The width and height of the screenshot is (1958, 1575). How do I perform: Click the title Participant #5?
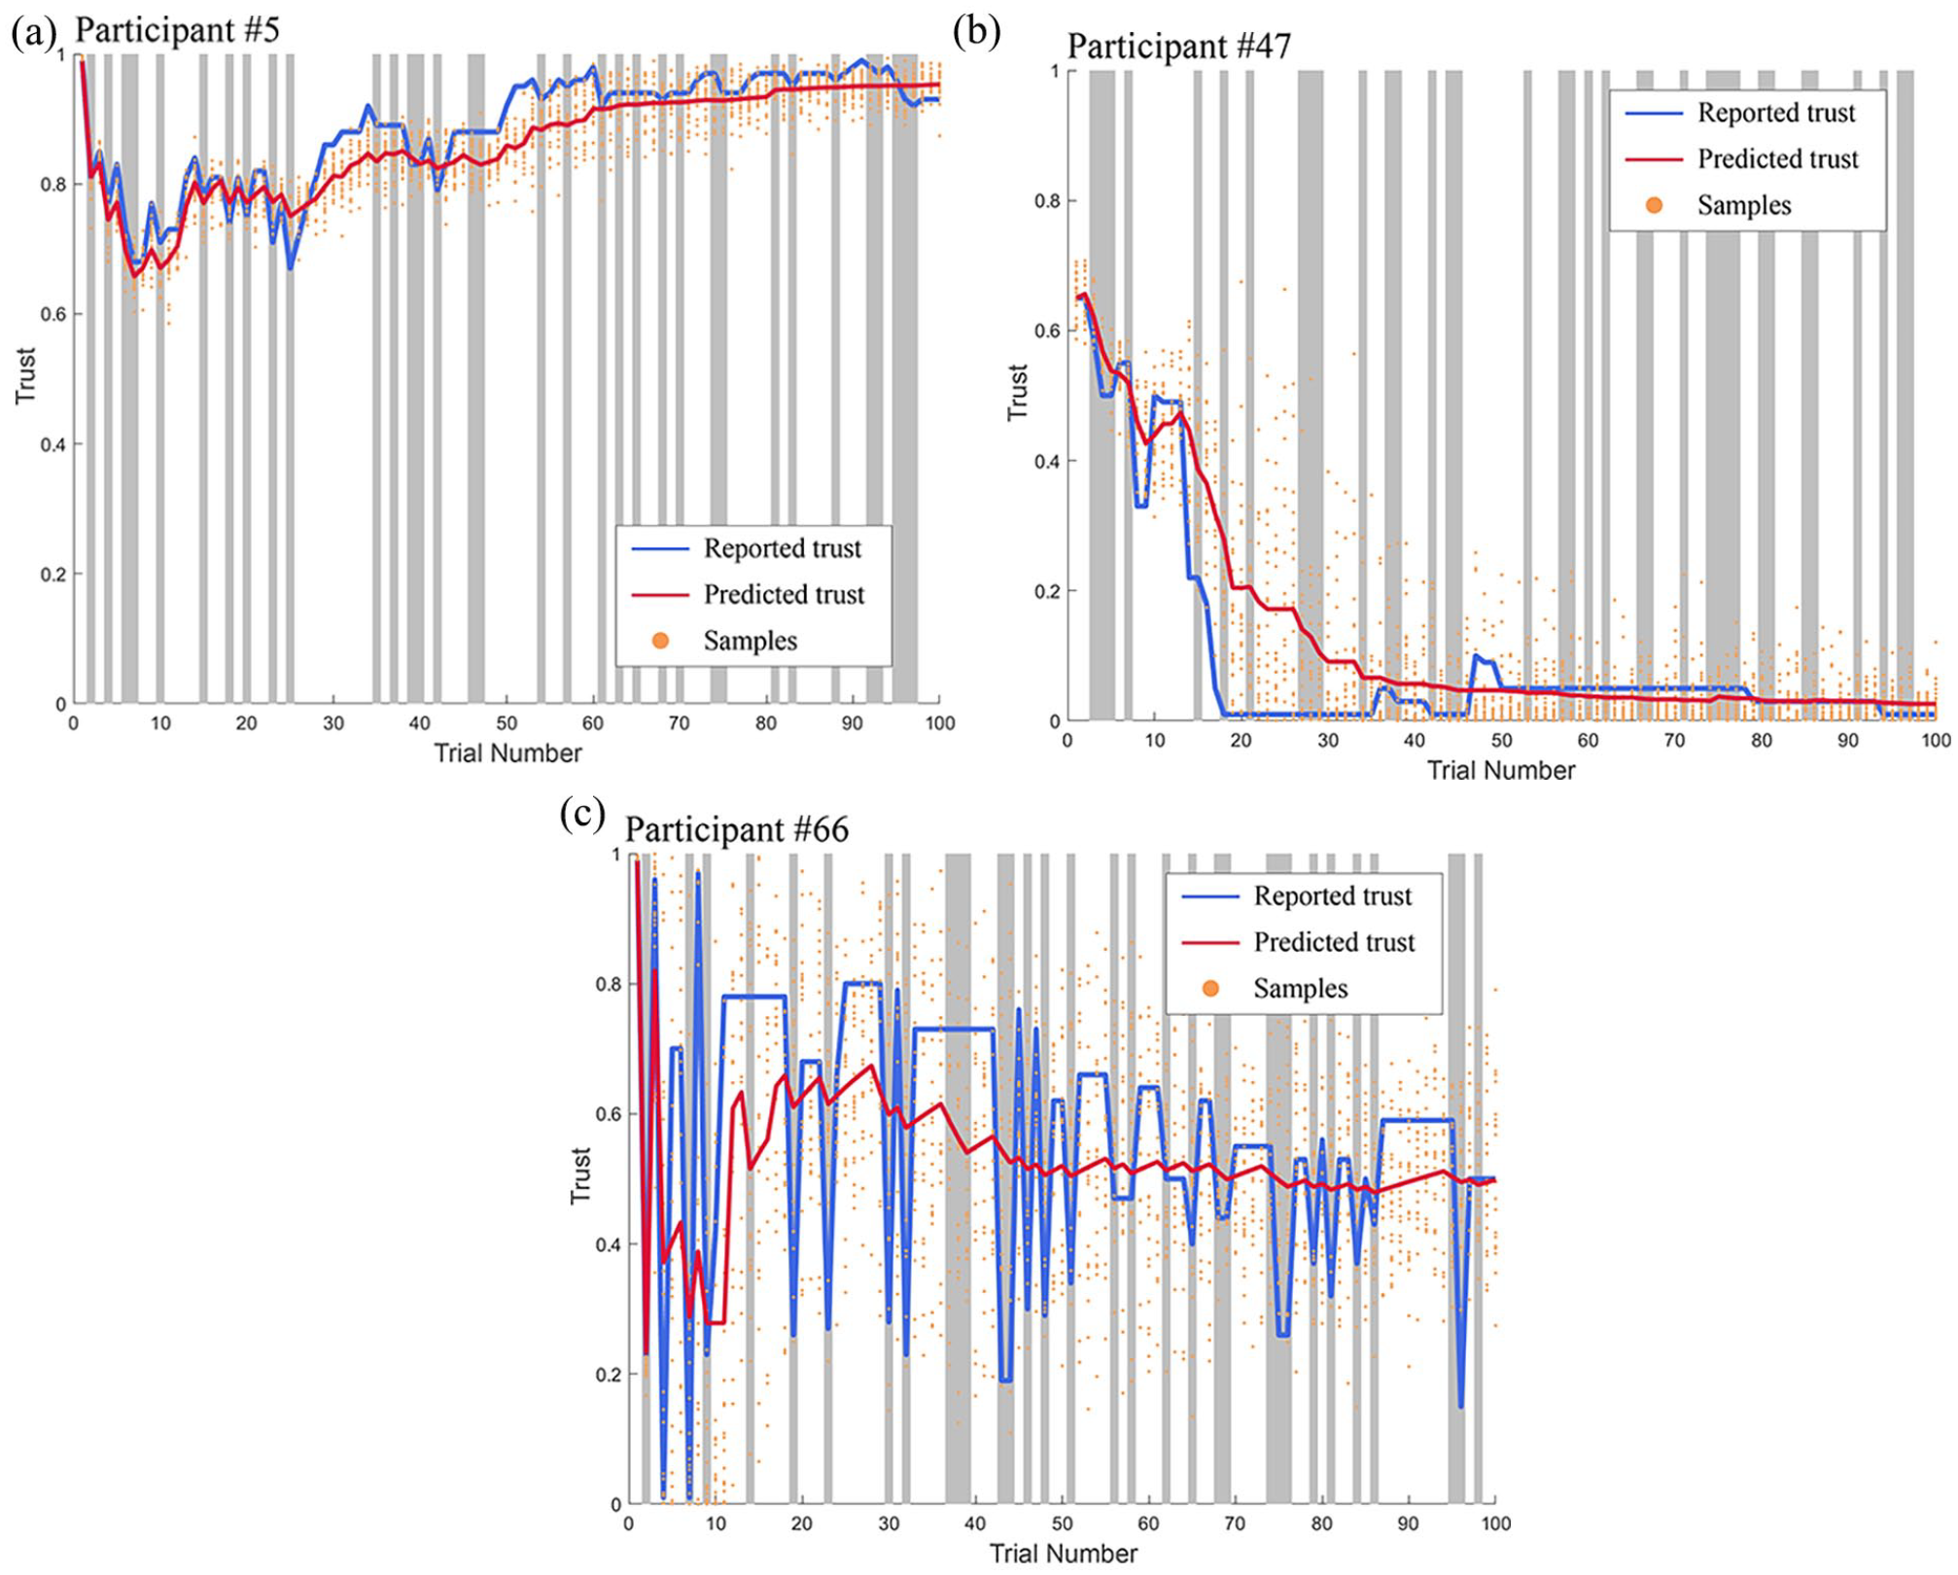pyautogui.click(x=177, y=30)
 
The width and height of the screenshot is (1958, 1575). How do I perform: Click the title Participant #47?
pyautogui.click(x=1178, y=46)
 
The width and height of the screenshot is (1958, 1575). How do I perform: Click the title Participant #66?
pyautogui.click(x=736, y=829)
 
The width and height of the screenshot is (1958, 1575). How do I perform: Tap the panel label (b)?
pyautogui.click(x=976, y=31)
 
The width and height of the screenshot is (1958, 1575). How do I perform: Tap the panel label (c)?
pyautogui.click(x=582, y=813)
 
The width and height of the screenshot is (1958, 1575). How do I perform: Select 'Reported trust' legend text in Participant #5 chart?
pyautogui.click(x=782, y=548)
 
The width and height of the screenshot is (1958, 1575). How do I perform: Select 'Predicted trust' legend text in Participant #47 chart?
pyautogui.click(x=1777, y=158)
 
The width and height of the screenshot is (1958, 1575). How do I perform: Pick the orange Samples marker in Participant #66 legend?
pyautogui.click(x=1210, y=989)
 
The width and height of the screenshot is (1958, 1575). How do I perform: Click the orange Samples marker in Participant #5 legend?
pyautogui.click(x=660, y=641)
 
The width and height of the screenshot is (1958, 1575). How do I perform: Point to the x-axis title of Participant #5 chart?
pyautogui.click(x=507, y=753)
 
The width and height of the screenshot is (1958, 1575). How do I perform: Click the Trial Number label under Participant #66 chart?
pyautogui.click(x=1063, y=1554)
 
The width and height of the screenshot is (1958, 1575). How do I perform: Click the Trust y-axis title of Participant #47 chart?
pyautogui.click(x=1017, y=392)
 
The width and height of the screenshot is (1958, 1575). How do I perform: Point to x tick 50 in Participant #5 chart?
pyautogui.click(x=507, y=723)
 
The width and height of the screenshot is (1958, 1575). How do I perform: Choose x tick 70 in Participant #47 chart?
pyautogui.click(x=1674, y=741)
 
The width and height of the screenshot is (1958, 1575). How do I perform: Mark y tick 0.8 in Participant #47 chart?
pyautogui.click(x=1046, y=201)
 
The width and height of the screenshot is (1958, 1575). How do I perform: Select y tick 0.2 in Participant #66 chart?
pyautogui.click(x=609, y=1375)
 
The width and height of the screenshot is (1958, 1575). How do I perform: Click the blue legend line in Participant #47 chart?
pyautogui.click(x=1654, y=113)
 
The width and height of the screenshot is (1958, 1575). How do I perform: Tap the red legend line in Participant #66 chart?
pyautogui.click(x=1209, y=942)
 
